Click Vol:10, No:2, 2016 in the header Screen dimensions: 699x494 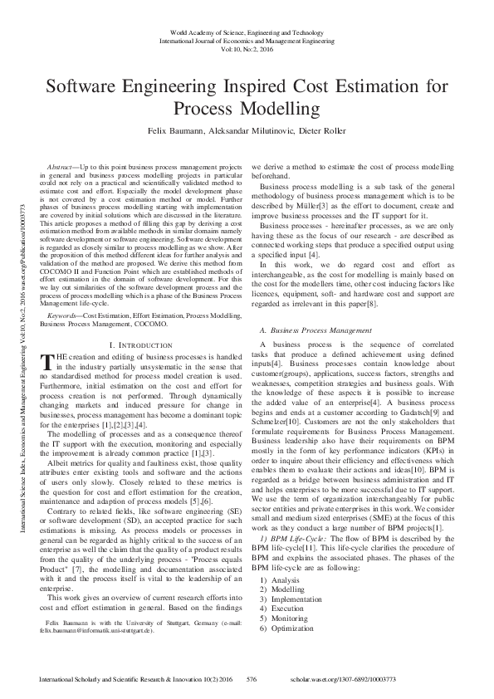pyautogui.click(x=247, y=49)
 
